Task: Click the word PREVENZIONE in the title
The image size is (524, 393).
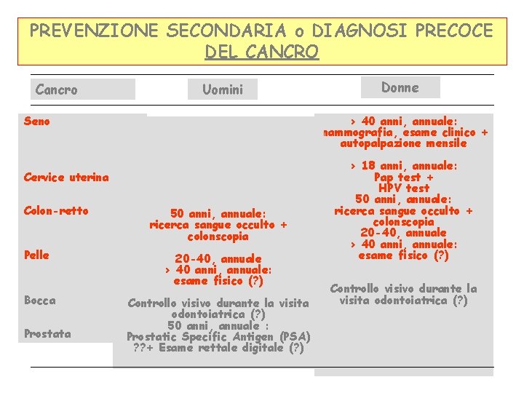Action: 94,31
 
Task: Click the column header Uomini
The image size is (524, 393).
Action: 223,90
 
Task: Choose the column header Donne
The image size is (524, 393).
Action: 400,87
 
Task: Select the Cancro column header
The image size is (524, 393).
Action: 57,90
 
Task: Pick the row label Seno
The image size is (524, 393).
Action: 37,121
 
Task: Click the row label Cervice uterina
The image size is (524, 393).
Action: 66,177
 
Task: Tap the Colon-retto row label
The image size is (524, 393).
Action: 56,210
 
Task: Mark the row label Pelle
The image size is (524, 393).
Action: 36,255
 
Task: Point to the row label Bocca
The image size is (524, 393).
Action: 39,300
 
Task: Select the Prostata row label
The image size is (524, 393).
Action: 47,333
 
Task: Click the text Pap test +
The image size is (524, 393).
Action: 403,177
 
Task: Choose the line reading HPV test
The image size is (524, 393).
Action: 403,188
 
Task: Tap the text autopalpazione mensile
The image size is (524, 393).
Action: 403,143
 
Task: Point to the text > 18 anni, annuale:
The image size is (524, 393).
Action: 403,165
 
